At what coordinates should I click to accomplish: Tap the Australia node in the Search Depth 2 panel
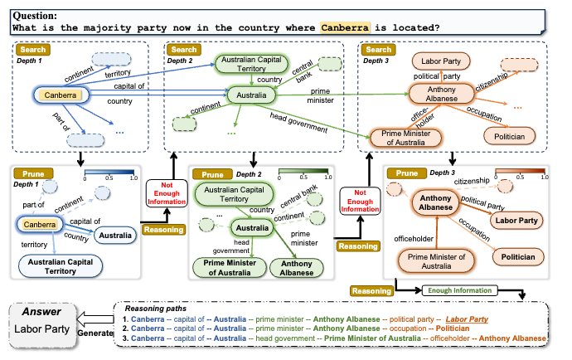click(253, 96)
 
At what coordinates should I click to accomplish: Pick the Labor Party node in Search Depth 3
click(443, 61)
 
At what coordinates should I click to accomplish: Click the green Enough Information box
click(458, 289)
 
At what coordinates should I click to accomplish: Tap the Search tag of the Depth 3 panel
click(377, 51)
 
